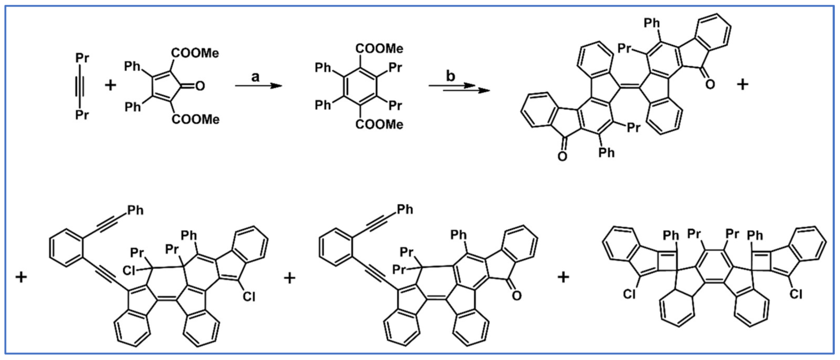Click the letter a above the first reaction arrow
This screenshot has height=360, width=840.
[255, 77]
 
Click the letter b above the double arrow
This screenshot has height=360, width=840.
[451, 76]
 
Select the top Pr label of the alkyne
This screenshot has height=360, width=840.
[82, 58]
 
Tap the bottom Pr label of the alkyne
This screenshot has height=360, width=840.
[82, 115]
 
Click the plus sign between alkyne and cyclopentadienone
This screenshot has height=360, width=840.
[110, 85]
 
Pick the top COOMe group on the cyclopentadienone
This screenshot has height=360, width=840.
[195, 53]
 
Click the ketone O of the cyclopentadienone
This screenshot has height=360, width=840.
[200, 86]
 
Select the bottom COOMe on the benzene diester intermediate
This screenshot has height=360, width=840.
[379, 125]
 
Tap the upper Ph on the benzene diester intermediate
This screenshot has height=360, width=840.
[323, 68]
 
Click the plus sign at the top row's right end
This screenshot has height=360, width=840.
[742, 84]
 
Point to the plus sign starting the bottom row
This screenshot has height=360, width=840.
[21, 277]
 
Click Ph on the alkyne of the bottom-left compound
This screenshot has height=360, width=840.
[135, 210]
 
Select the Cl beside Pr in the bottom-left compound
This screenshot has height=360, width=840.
[129, 271]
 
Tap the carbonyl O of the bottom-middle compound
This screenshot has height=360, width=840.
[516, 295]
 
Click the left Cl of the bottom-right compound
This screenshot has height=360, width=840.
[629, 294]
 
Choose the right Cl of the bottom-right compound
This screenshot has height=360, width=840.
[796, 294]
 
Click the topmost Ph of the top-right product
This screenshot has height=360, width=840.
[652, 23]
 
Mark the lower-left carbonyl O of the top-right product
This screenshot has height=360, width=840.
[562, 156]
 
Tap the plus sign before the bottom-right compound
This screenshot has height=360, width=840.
[563, 277]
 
